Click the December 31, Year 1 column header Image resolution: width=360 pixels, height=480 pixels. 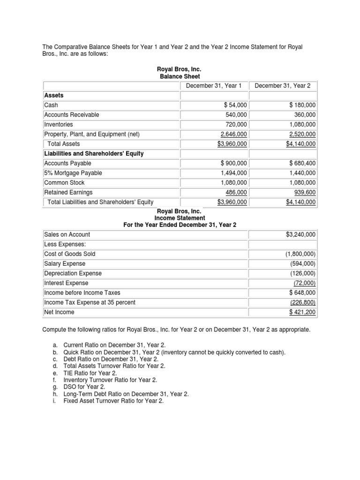pyautogui.click(x=213, y=85)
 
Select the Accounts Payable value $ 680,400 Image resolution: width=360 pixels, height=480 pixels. pyautogui.click(x=301, y=164)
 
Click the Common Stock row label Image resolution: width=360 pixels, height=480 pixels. pyautogui.click(x=64, y=183)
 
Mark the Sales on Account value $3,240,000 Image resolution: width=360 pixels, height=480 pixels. pyautogui.click(x=300, y=234)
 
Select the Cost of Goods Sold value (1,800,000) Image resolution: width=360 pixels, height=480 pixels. pyautogui.click(x=300, y=254)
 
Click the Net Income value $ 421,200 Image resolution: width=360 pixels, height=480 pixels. pyautogui.click(x=302, y=312)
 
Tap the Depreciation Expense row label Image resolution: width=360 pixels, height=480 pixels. pyautogui.click(x=73, y=273)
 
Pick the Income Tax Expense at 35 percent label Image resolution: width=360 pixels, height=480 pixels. pyautogui.click(x=90, y=302)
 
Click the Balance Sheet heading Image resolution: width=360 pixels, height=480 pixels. pyautogui.click(x=180, y=76)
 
